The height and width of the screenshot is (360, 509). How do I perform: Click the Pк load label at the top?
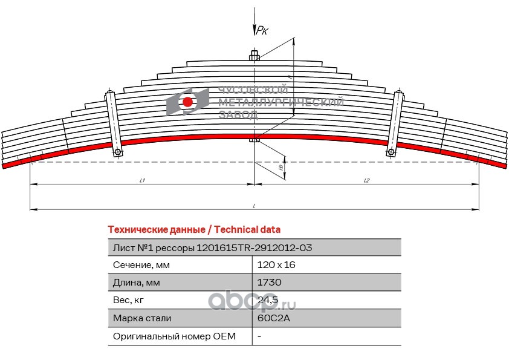pyautogui.click(x=262, y=31)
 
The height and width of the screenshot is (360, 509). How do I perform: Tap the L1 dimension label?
pyautogui.click(x=142, y=180)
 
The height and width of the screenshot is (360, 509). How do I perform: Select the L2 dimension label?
pyautogui.click(x=367, y=180)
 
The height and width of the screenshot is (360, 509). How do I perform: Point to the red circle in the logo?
pyautogui.click(x=188, y=102)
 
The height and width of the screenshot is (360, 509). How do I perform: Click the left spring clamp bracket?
pyautogui.click(x=113, y=123)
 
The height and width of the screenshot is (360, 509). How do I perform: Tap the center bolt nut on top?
pyautogui.click(x=254, y=57)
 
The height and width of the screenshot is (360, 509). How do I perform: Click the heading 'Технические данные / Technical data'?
pyautogui.click(x=193, y=230)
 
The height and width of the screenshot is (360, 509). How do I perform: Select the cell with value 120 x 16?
pyautogui.click(x=276, y=265)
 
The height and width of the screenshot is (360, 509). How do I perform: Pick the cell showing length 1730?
pyautogui.click(x=269, y=283)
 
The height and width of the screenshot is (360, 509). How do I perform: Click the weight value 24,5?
pyautogui.click(x=267, y=300)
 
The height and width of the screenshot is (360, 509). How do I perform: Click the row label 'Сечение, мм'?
pyautogui.click(x=141, y=265)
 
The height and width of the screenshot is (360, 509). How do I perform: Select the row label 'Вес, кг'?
pyautogui.click(x=129, y=300)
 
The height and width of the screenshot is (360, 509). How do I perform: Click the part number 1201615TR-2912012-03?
pyautogui.click(x=254, y=247)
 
